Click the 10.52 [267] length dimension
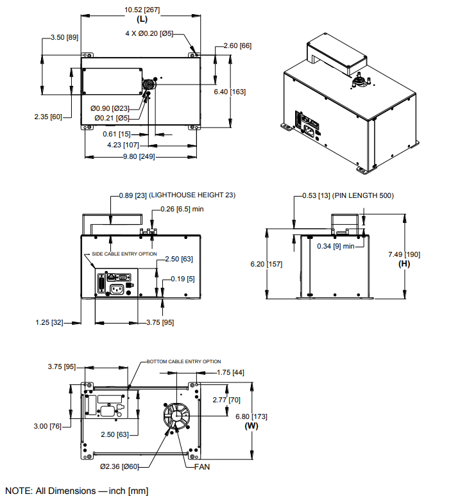(142, 10)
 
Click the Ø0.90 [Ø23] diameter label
(110, 108)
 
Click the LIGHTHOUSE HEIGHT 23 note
(194, 195)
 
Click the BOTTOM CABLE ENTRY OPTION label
(184, 361)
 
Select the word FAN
(202, 467)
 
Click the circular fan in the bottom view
(174, 417)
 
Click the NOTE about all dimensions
(76, 491)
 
